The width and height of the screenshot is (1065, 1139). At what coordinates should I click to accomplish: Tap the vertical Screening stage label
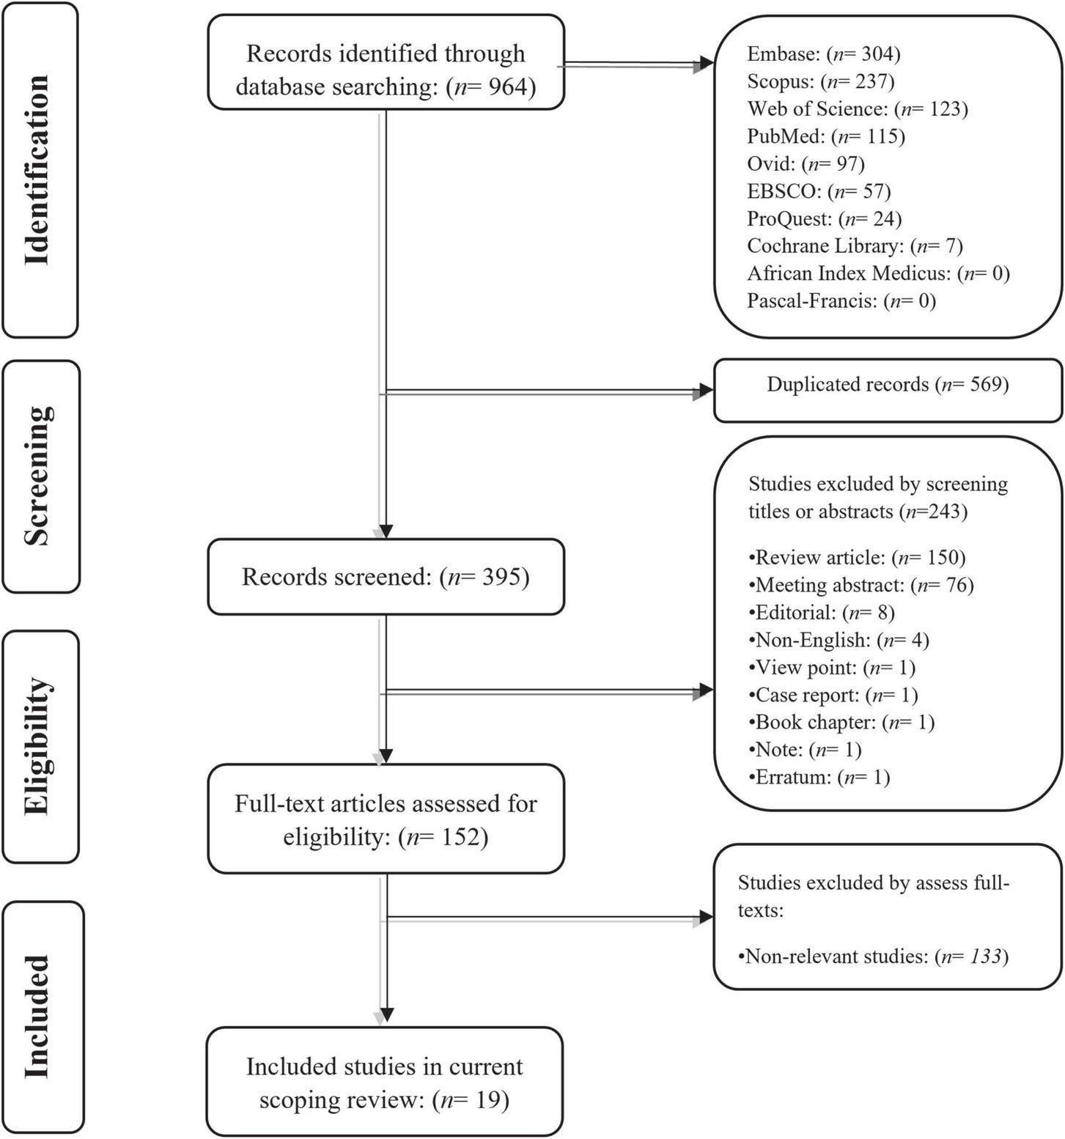(x=38, y=476)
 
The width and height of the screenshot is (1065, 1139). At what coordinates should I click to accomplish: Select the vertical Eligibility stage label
(x=38, y=746)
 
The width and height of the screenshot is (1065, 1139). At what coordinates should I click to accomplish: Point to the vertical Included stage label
(x=38, y=1017)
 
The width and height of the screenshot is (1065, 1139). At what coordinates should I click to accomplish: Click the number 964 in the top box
(x=506, y=87)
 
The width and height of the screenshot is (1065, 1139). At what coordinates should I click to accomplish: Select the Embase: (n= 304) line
(x=823, y=54)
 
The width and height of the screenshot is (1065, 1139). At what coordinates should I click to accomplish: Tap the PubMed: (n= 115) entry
(x=826, y=136)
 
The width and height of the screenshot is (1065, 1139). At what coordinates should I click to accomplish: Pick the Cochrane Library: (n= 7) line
(x=855, y=246)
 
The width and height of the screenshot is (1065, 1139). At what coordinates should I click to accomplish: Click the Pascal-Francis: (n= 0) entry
(x=841, y=301)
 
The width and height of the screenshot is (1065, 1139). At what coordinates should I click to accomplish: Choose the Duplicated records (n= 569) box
(x=888, y=385)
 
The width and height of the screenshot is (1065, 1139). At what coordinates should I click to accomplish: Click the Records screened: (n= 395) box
(x=386, y=577)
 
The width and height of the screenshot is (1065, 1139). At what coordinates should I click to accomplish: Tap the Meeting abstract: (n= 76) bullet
(x=861, y=586)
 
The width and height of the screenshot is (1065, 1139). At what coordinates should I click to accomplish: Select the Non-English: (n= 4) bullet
(x=839, y=641)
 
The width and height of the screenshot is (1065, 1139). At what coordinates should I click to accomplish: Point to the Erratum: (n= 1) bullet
(x=819, y=778)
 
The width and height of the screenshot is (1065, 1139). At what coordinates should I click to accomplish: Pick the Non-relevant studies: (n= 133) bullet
(x=873, y=956)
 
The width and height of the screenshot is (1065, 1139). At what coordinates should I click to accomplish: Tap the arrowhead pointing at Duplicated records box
(x=704, y=392)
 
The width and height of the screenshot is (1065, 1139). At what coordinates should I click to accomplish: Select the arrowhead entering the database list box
(x=704, y=64)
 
